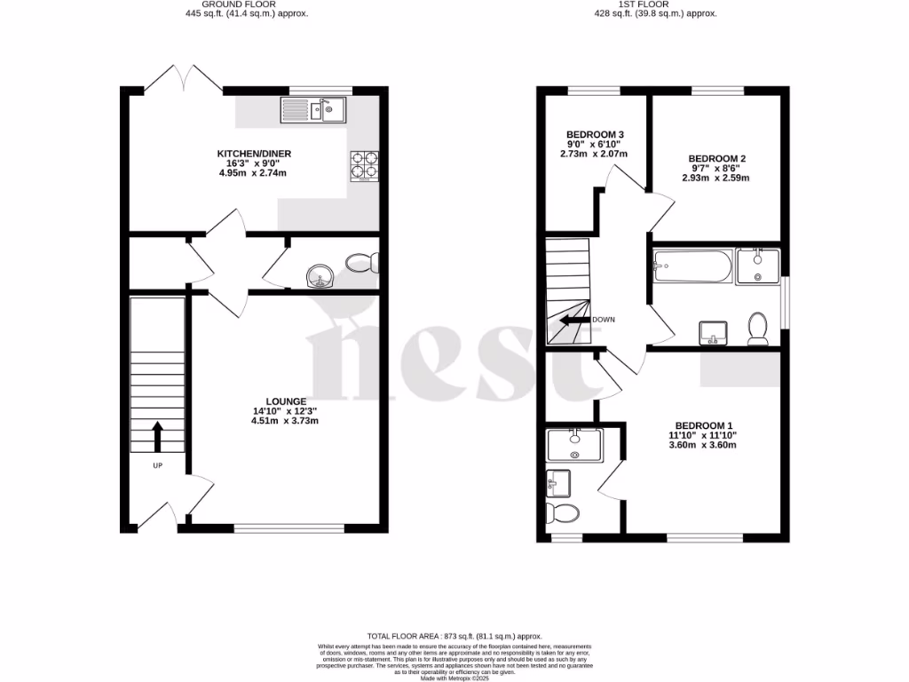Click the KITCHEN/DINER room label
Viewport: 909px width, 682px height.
point(255,154)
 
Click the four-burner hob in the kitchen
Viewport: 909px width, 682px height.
point(365,166)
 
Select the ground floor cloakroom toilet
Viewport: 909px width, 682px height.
point(362,263)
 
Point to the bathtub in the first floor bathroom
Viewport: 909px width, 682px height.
point(691,266)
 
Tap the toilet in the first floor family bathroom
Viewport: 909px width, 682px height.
point(758,329)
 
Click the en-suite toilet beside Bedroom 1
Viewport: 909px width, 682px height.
point(561,513)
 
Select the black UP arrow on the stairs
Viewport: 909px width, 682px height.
point(158,436)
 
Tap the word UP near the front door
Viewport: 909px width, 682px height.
point(158,465)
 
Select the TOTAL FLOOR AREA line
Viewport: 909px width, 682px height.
point(454,637)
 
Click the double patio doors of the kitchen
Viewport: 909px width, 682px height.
point(184,80)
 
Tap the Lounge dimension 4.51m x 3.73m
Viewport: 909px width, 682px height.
point(281,421)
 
